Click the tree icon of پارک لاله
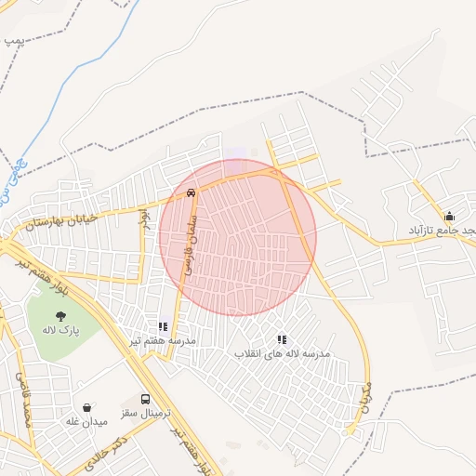[x=60, y=316]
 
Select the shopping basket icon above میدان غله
[x=86, y=407]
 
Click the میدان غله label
[x=86, y=421]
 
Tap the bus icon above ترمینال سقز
[x=143, y=397]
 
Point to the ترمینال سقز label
[x=140, y=411]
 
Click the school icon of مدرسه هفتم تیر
[x=163, y=327]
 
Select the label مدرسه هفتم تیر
[x=163, y=341]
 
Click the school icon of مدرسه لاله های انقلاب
[x=282, y=340]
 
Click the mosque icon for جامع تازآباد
[x=449, y=216]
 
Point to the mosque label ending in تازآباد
[x=443, y=229]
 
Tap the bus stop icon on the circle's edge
[x=192, y=194]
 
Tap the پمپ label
[x=13, y=41]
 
